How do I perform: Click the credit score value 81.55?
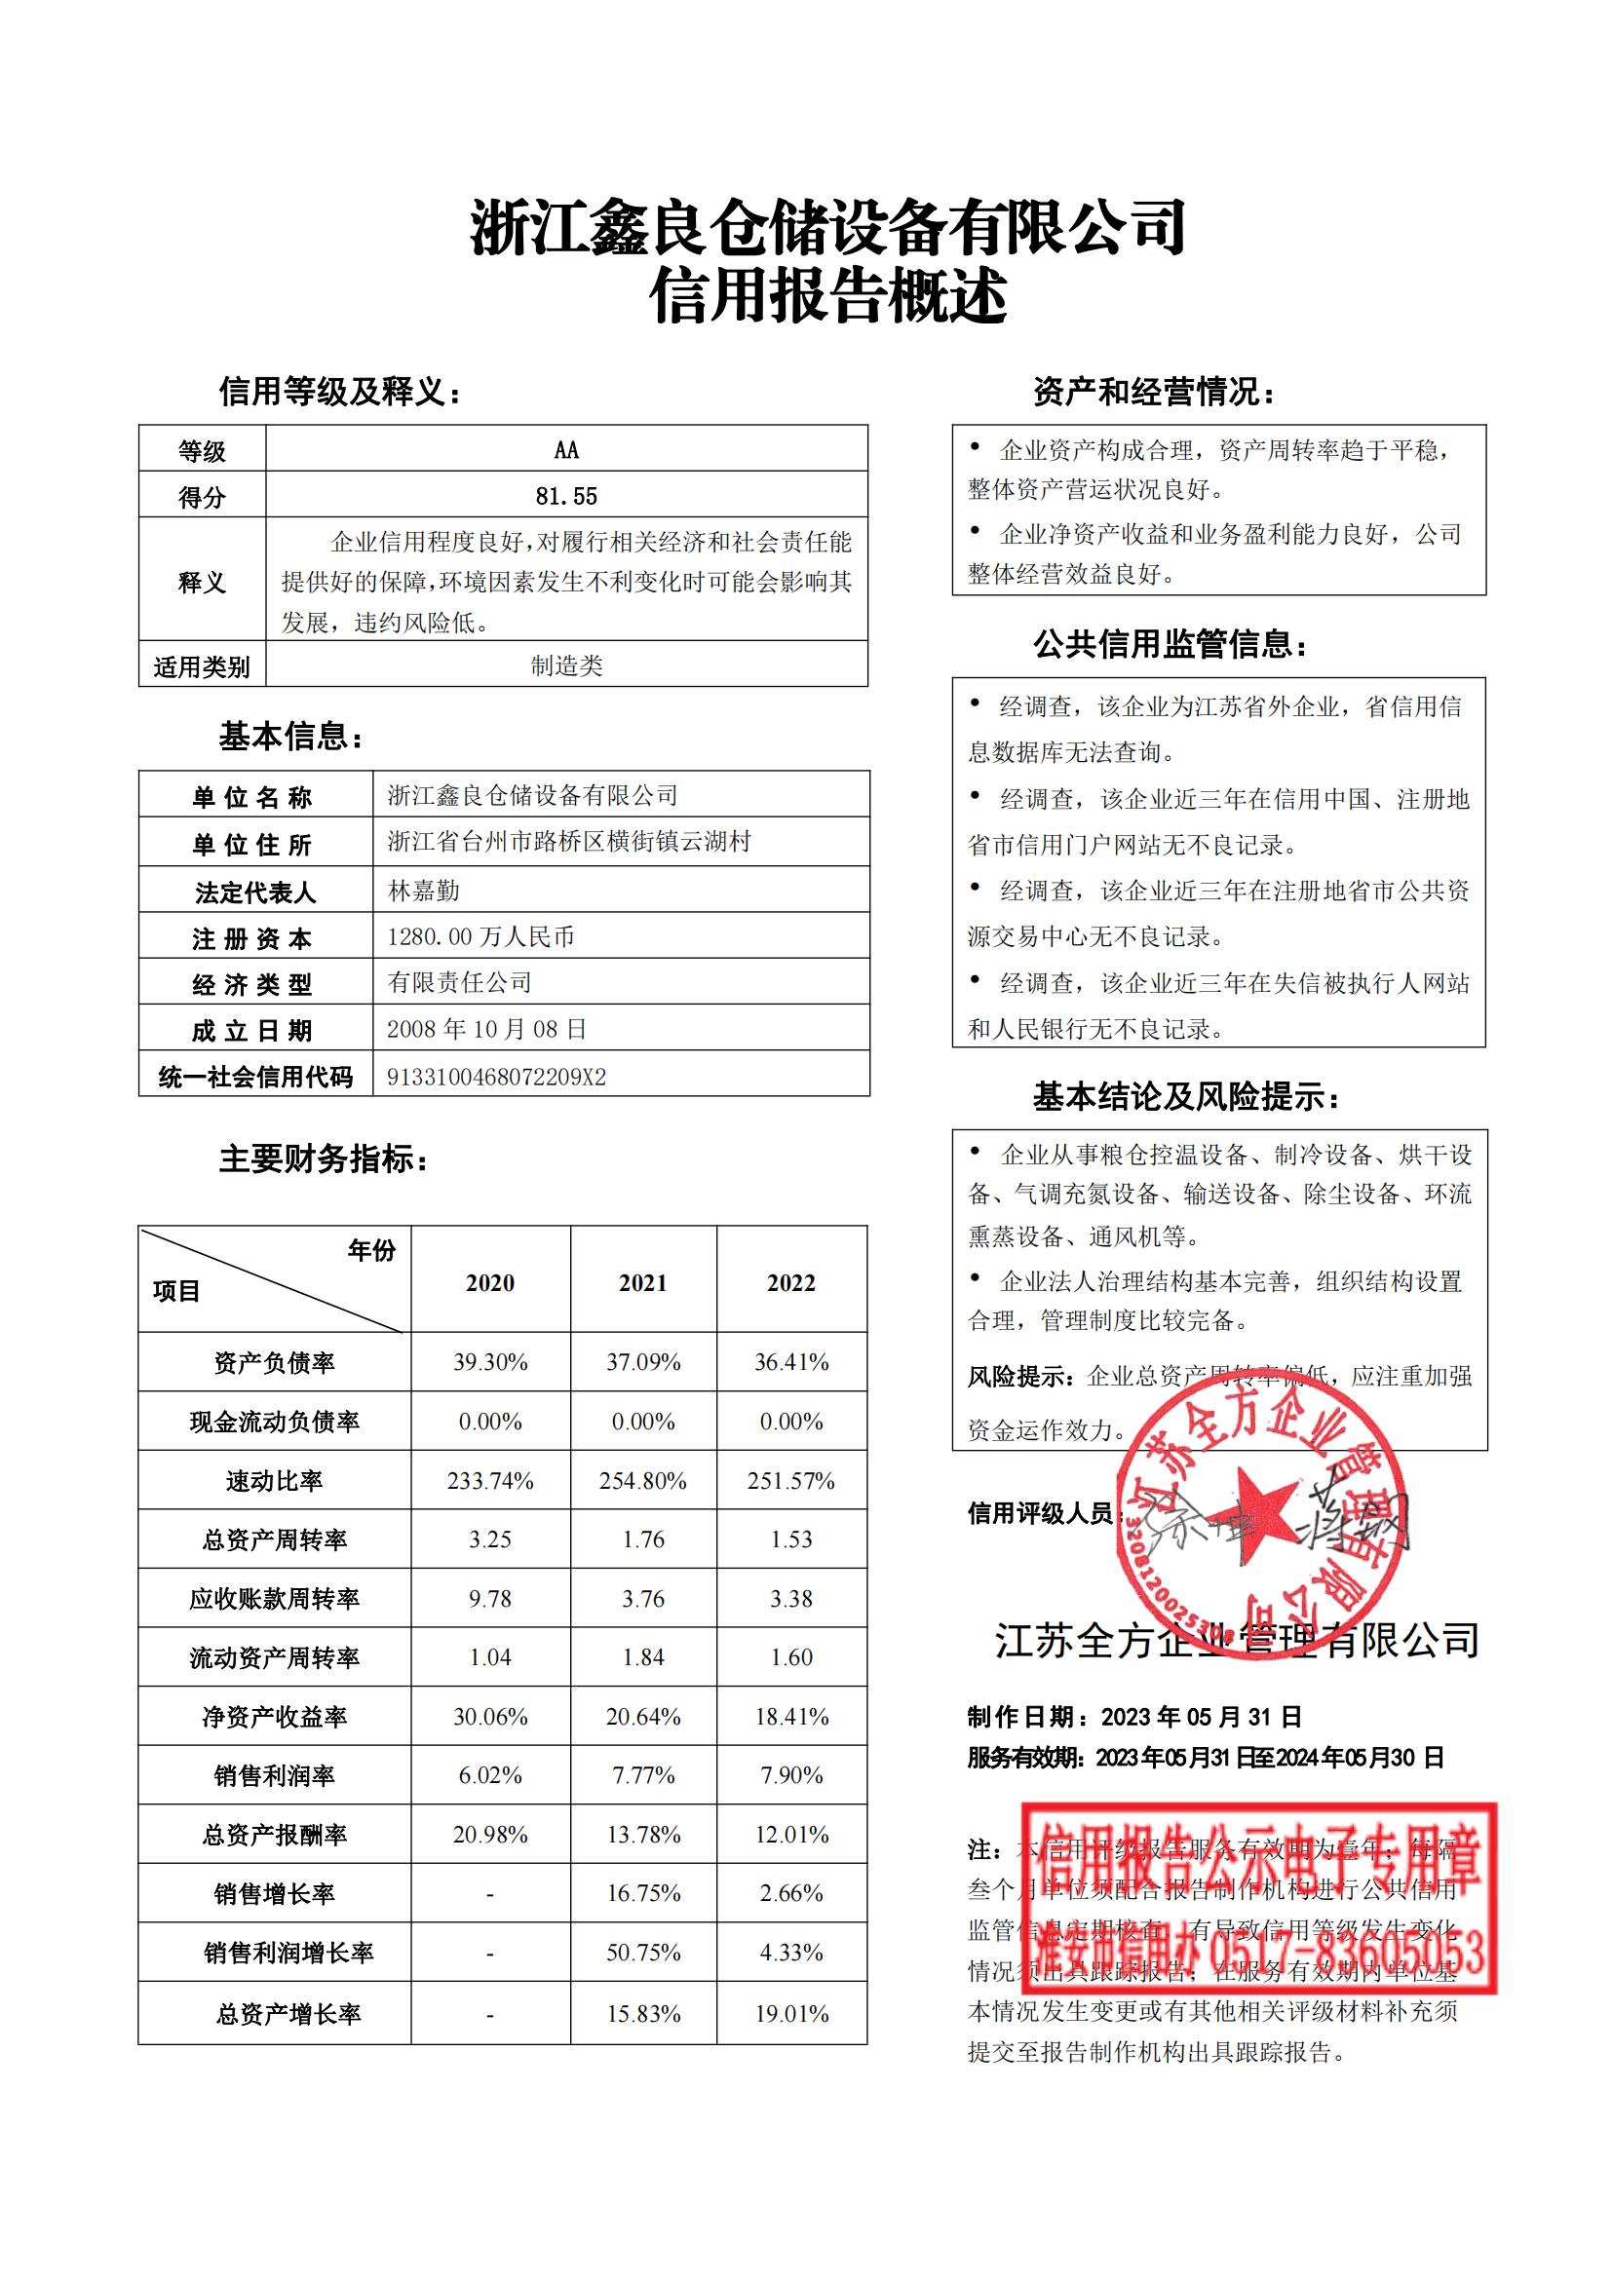coord(566,495)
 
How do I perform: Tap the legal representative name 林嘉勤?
coord(424,891)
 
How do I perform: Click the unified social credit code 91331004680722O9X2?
coord(496,1077)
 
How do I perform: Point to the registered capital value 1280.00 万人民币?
coord(480,936)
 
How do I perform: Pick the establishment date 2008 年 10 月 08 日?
coord(486,1028)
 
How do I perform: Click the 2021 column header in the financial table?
coord(643,1282)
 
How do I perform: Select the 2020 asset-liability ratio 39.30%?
coord(490,1362)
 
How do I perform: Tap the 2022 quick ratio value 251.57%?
coord(791,1481)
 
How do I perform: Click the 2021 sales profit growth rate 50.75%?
coord(643,1953)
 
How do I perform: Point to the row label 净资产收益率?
coord(274,1717)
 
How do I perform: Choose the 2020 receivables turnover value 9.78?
coord(490,1598)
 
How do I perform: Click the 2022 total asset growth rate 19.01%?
coord(791,2014)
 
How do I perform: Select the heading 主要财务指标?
coord(323,1158)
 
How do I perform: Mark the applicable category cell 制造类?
coord(566,665)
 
